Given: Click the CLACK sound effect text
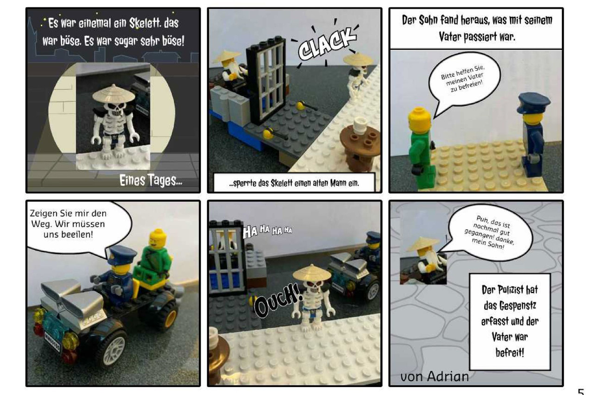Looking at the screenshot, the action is (327, 44).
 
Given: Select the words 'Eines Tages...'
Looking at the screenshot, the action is (151, 181).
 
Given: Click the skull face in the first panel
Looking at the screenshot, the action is (114, 109).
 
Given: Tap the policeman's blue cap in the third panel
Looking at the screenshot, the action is (533, 102).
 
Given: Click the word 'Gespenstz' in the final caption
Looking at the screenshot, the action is (510, 306).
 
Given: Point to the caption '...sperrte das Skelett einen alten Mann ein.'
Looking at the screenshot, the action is (294, 183).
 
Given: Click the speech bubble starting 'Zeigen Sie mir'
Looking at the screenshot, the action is (77, 227).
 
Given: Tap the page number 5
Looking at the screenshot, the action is (581, 391).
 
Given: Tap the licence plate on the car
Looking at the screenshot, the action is (52, 342).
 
